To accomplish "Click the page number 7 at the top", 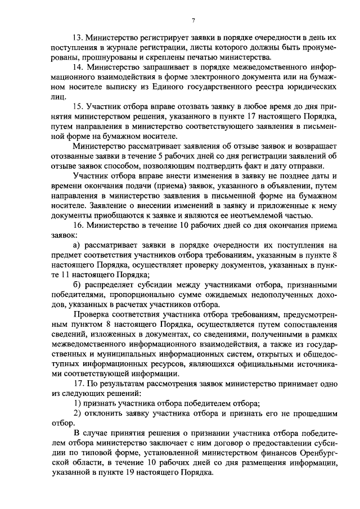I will (x=192, y=21).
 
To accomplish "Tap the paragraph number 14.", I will (x=79, y=67).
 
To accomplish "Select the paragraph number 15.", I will (x=79, y=107).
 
